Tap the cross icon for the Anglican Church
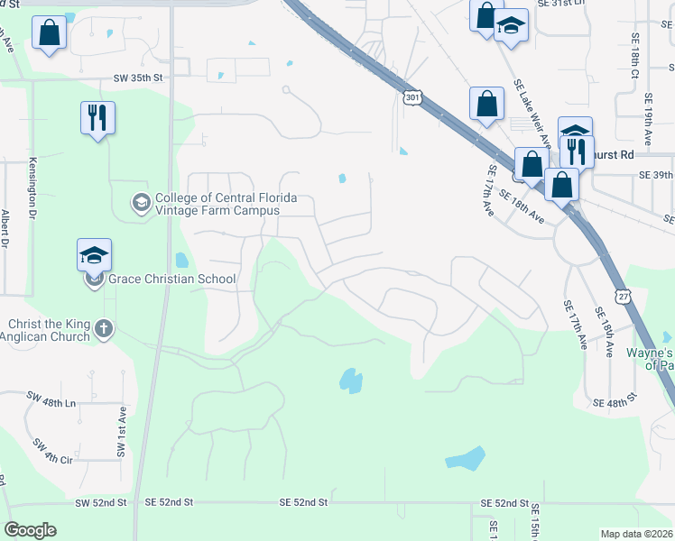[104, 328]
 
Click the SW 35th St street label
[138, 78]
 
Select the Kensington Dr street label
[32, 191]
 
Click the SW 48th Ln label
[51, 396]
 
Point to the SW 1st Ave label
[121, 433]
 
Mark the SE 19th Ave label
[647, 124]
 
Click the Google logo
[30, 529]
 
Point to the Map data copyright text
[637, 534]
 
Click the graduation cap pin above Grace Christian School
[95, 256]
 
